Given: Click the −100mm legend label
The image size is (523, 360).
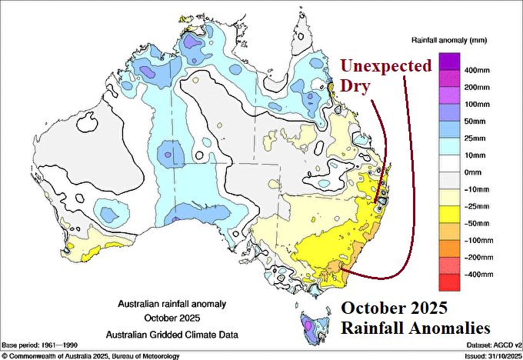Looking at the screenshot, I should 477,240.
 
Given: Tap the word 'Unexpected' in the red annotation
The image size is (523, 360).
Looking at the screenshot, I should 386,66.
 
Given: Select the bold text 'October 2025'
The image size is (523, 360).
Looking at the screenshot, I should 395,307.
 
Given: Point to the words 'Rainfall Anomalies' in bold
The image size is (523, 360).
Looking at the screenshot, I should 415,326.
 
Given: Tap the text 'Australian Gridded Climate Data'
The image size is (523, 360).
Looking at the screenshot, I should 172,334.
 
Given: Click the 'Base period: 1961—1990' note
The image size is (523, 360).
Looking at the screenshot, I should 45,345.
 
